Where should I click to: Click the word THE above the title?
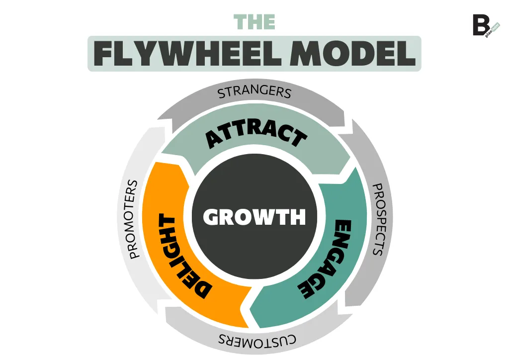tap(254, 22)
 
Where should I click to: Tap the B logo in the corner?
tap(481, 25)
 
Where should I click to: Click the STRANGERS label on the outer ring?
tap(254, 92)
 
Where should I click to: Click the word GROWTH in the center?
tap(254, 217)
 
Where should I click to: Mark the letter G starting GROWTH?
tap(211, 217)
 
